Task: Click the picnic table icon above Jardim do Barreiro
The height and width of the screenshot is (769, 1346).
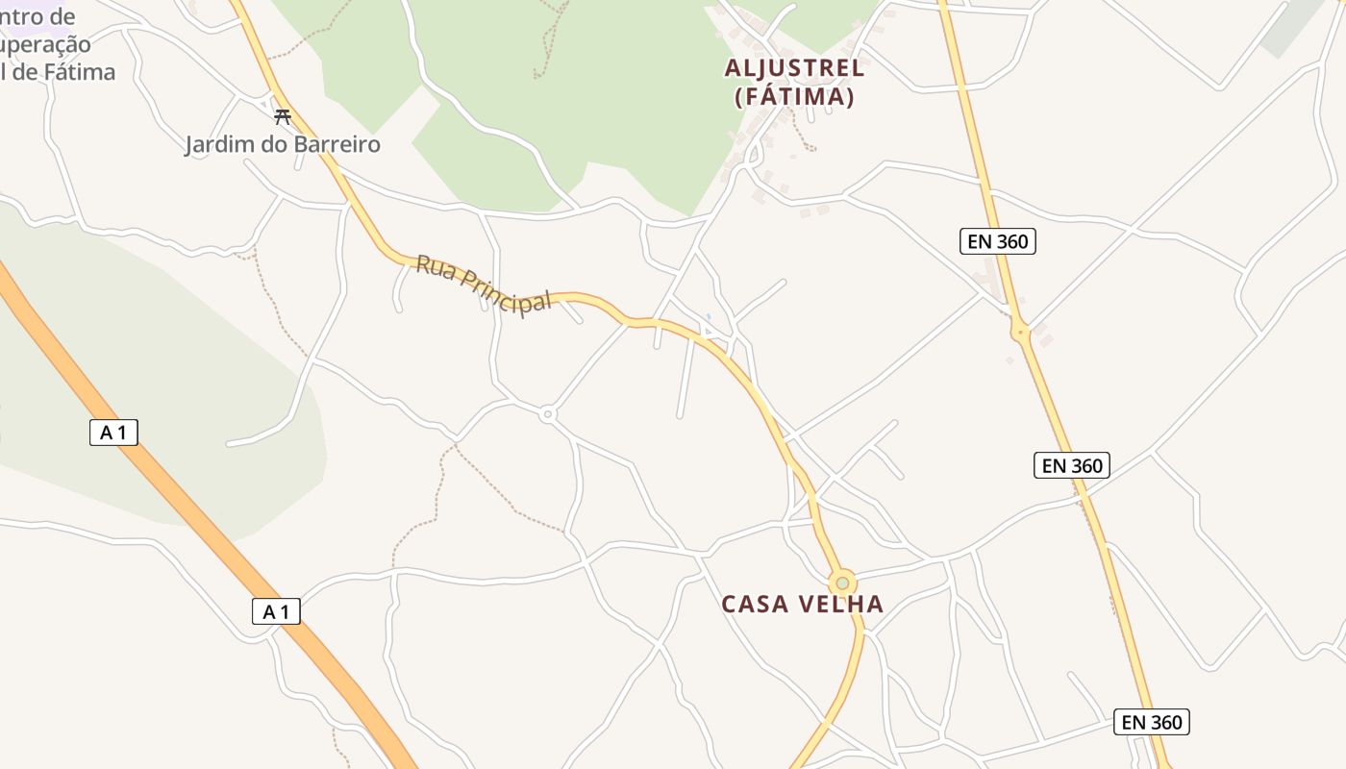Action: [282, 117]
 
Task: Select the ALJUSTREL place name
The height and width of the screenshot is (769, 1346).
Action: [794, 68]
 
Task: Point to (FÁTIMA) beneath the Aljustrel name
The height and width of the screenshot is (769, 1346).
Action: [794, 97]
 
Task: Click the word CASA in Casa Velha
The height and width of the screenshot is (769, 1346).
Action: [754, 605]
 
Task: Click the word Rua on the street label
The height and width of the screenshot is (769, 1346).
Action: [435, 268]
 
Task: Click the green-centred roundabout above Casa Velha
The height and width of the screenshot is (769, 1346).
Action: [843, 583]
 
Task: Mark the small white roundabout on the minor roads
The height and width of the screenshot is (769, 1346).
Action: [548, 414]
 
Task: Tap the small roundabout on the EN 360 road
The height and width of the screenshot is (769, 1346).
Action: [1020, 333]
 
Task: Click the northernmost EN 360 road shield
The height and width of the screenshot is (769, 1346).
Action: [998, 241]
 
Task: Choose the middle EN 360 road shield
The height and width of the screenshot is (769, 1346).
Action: [1072, 466]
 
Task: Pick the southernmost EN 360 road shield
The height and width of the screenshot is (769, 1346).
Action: [1151, 722]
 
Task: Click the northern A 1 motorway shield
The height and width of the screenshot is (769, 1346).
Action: [113, 433]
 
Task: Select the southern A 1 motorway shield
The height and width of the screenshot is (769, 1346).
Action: [276, 611]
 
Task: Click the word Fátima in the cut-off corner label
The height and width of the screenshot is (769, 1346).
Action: [80, 72]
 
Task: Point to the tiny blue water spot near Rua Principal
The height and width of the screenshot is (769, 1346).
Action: [709, 316]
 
